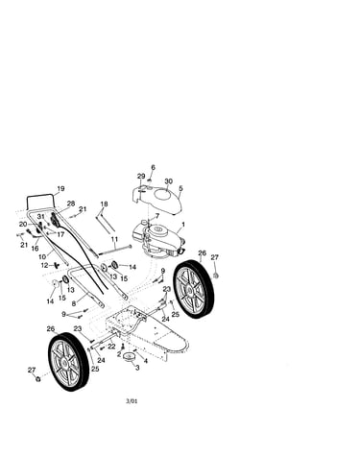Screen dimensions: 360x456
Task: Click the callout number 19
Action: coord(60,188)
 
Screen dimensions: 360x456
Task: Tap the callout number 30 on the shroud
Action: coord(168,181)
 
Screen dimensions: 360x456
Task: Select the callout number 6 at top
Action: coord(153,167)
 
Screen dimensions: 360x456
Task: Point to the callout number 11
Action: coord(114,239)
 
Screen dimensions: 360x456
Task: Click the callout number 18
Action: coord(104,204)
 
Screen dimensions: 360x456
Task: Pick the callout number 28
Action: coord(71,204)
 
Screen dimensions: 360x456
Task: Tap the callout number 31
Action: coord(40,217)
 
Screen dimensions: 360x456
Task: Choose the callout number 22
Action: coord(111,347)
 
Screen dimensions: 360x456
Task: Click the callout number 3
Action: coord(137,368)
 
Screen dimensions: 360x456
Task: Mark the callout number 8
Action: coord(74,303)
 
